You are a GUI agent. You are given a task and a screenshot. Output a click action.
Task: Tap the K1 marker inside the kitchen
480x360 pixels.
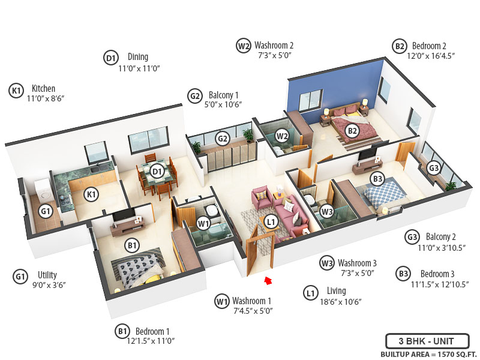pos(91,194)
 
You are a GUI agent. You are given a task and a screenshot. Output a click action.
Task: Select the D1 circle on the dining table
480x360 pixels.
pos(157,172)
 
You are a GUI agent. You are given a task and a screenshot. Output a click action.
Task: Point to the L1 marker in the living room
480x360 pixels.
pos(271,222)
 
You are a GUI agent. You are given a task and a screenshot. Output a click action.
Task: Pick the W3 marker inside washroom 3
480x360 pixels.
pos(326,211)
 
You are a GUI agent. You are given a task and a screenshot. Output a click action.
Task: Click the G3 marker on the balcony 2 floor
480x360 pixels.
pos(434,167)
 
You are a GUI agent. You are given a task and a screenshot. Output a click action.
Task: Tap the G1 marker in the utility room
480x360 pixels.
pos(46,211)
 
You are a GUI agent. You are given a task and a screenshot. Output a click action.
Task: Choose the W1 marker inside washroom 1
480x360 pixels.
pos(203,224)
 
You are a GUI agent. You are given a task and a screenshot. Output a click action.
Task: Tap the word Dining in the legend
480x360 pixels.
pos(137,57)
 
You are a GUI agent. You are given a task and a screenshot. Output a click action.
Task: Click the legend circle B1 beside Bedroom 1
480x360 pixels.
pos(122,331)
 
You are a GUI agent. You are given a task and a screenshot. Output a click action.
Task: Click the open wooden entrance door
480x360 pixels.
pos(259,250)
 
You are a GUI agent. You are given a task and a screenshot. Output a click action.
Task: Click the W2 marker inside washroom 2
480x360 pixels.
pos(282,136)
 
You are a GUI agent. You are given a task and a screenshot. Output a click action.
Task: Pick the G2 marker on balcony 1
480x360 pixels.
pos(223,139)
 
